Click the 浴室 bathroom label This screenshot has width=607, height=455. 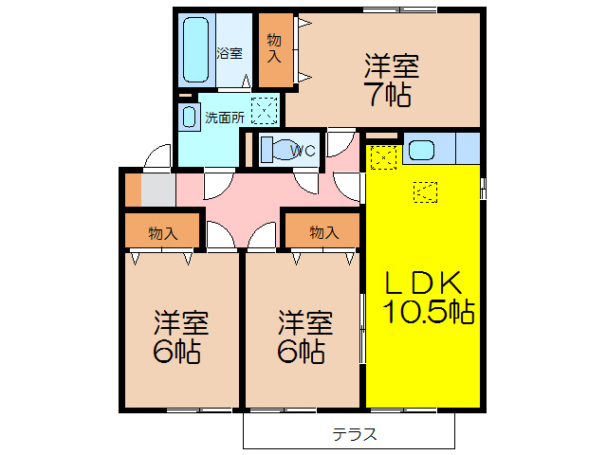tap(229, 52)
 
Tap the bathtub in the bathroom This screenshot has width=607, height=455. tap(197, 50)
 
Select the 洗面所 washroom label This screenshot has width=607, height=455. tap(225, 118)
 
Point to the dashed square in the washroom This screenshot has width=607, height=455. tap(265, 112)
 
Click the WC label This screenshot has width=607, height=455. tap(303, 150)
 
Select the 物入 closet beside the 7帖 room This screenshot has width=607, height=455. tap(274, 48)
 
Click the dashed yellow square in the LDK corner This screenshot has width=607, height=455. tap(381, 156)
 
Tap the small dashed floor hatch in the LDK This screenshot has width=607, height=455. tap(425, 192)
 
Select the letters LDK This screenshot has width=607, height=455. tap(422, 282)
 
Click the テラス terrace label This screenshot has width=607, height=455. tap(355, 434)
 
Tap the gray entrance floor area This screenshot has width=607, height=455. tap(158, 189)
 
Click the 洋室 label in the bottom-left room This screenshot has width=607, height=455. tap(180, 323)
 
